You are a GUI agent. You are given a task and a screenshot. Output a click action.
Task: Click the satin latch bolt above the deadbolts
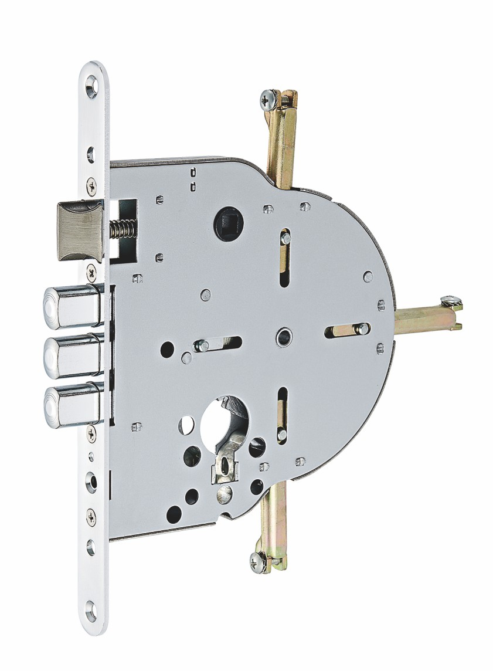tap(80, 229)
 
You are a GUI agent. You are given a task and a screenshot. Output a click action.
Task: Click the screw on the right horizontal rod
tap(451, 302)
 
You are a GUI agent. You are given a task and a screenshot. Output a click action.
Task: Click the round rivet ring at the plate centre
tap(284, 337)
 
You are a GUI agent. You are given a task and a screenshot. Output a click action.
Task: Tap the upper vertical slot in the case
tap(284, 256)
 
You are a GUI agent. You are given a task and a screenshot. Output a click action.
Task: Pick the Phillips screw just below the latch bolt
tap(91, 271)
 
